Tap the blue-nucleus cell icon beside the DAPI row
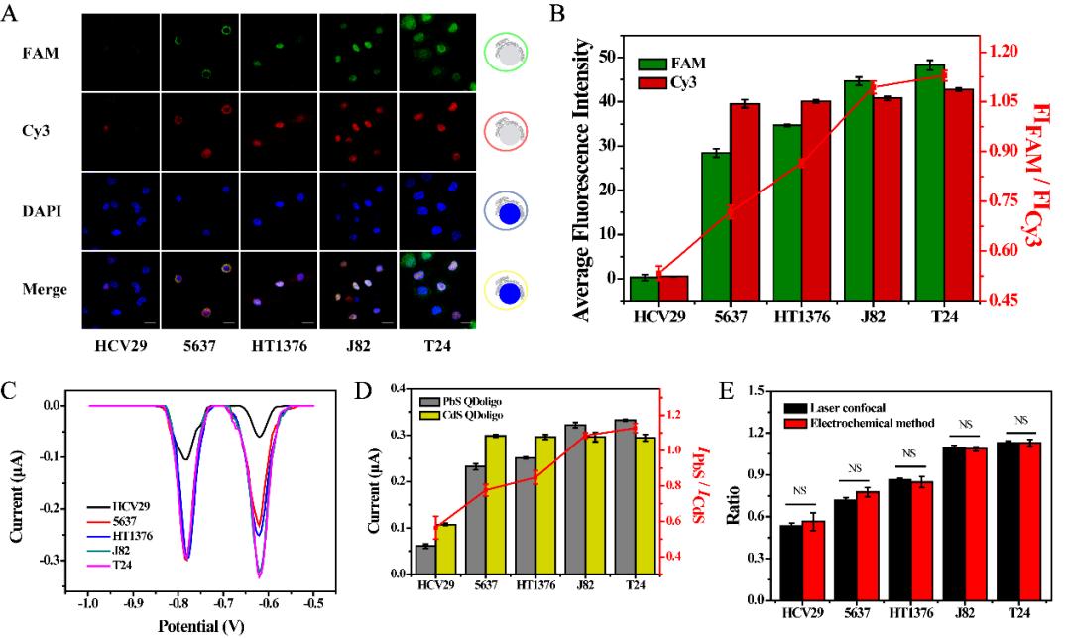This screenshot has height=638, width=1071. click(507, 212)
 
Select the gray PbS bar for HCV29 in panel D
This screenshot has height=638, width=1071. click(426, 559)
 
